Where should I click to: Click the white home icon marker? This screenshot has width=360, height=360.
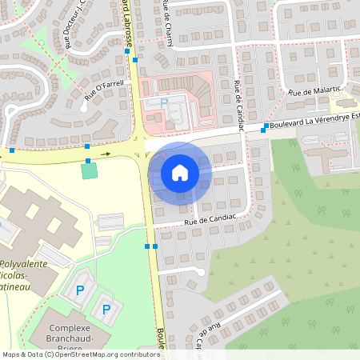(180, 172)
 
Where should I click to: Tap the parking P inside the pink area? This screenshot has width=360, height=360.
(164, 102)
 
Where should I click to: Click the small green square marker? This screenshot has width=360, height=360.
(88, 170)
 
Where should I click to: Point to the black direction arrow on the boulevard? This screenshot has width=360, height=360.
(106, 154)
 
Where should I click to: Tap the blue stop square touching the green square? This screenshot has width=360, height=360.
(88, 161)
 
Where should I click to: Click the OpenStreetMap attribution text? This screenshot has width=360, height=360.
(80, 354)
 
